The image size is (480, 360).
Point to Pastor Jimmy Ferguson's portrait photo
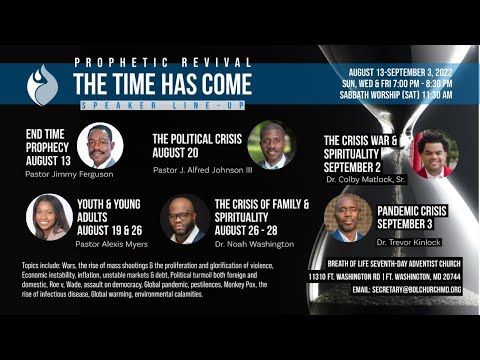click(99, 146)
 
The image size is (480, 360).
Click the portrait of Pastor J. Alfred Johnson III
click(271, 144)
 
